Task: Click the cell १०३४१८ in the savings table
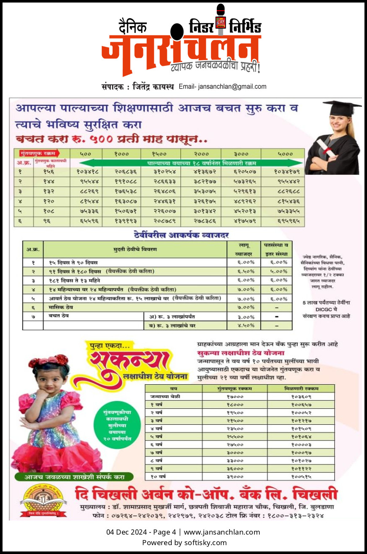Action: coord(88,171)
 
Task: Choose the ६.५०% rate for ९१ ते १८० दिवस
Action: coord(246,271)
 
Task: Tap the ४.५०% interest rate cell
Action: coord(246,326)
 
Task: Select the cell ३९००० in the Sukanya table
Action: coord(235,476)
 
